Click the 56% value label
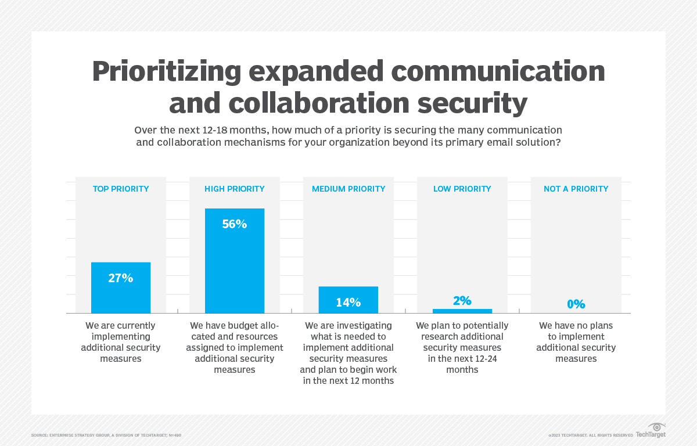[235, 224]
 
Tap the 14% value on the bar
[348, 303]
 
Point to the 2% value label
[462, 300]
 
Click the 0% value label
[576, 304]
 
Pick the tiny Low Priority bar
[462, 311]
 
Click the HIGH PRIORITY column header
[235, 189]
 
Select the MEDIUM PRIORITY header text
[348, 189]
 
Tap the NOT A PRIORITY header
[576, 189]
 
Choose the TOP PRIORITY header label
[121, 189]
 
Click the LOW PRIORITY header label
[462, 189]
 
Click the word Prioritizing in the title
[166, 71]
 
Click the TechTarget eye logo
[656, 427]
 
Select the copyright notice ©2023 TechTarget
[590, 435]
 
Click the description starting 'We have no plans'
[576, 342]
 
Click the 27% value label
[121, 278]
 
